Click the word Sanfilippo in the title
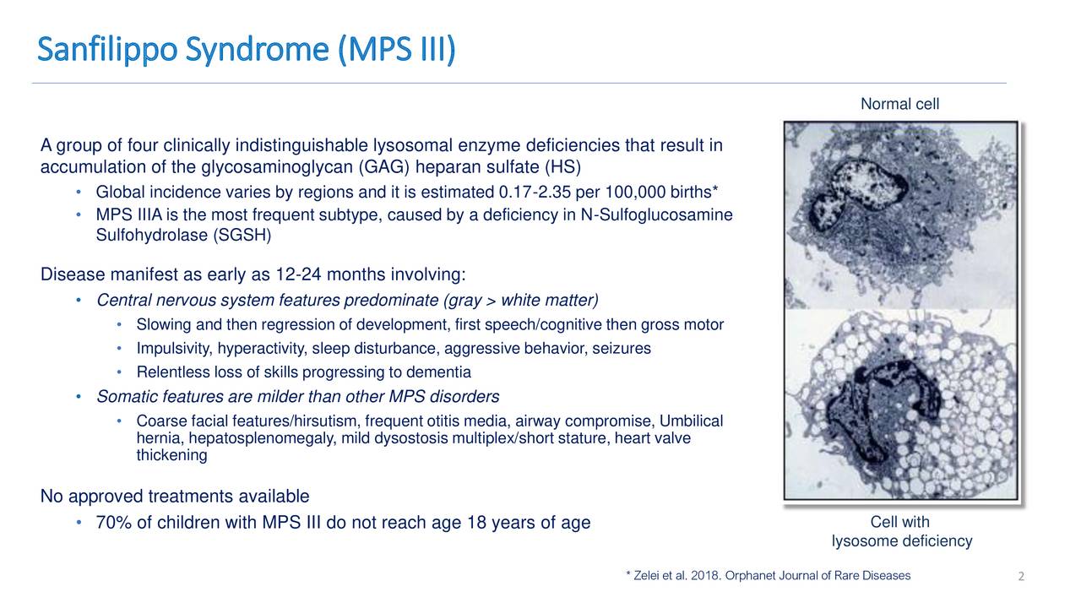pyautogui.click(x=107, y=50)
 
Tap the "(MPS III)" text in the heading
pyautogui.click(x=396, y=50)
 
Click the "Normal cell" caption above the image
pyautogui.click(x=899, y=104)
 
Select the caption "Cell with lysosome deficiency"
pyautogui.click(x=900, y=531)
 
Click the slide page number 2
pyautogui.click(x=1021, y=576)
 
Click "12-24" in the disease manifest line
pyautogui.click(x=298, y=274)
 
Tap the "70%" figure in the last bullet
pyautogui.click(x=113, y=523)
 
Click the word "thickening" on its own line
pyautogui.click(x=171, y=455)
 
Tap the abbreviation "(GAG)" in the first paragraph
pyautogui.click(x=384, y=167)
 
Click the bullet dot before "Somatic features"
pyautogui.click(x=79, y=397)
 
